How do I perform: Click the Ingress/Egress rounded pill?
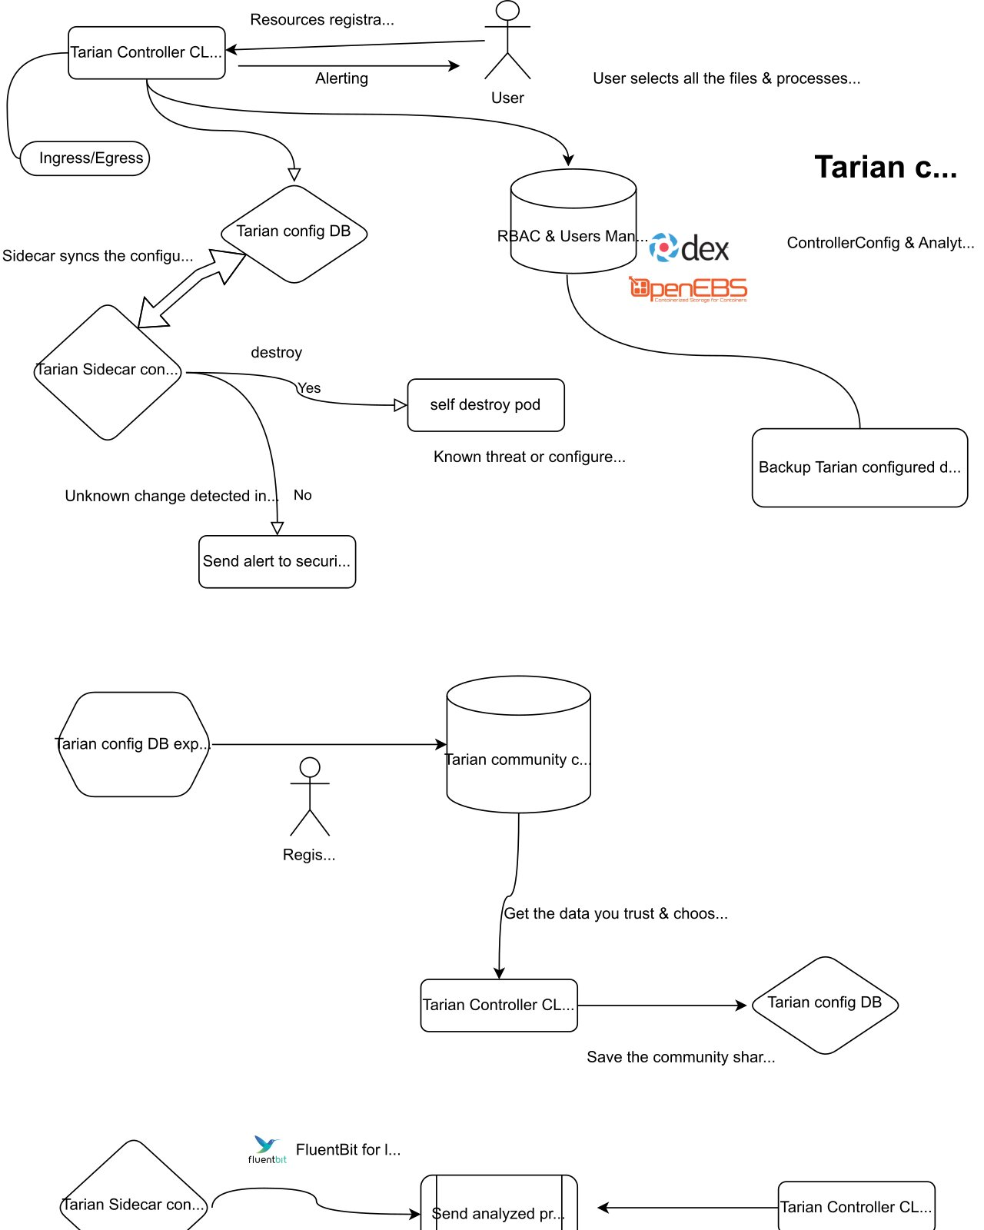pyautogui.click(x=84, y=158)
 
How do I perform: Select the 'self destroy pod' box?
pyautogui.click(x=485, y=404)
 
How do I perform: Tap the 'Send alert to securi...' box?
pyautogui.click(x=277, y=561)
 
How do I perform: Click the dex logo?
pyautogui.click(x=688, y=248)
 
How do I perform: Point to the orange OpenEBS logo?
pyautogui.click(x=688, y=288)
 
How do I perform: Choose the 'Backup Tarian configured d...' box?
pyautogui.click(x=859, y=467)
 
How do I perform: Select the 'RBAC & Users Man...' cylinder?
pyautogui.click(x=573, y=221)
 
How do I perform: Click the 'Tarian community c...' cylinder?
pyautogui.click(x=518, y=744)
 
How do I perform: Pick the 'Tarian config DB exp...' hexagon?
pyautogui.click(x=134, y=744)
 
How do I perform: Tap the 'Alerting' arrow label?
pyautogui.click(x=341, y=78)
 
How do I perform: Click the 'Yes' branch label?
pyautogui.click(x=309, y=388)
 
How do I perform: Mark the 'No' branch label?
pyautogui.click(x=302, y=495)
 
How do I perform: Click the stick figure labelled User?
pyautogui.click(x=507, y=40)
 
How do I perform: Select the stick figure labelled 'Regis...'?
pyautogui.click(x=310, y=796)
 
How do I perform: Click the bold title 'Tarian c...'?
pyautogui.click(x=886, y=167)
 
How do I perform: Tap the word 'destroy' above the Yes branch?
pyautogui.click(x=276, y=352)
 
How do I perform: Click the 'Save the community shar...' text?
pyautogui.click(x=680, y=1057)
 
